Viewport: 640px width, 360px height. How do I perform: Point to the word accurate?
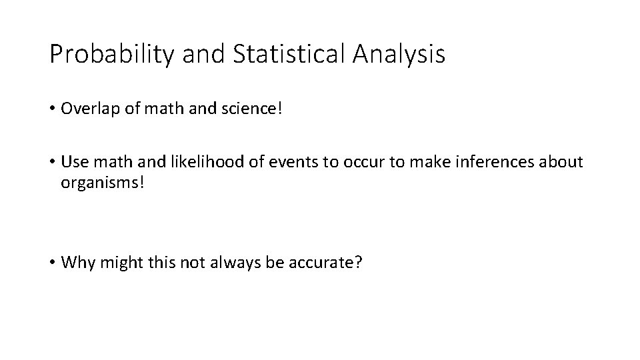[327, 262]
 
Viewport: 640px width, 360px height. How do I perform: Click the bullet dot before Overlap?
[53, 109]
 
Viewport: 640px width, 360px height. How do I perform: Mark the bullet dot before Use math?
[53, 163]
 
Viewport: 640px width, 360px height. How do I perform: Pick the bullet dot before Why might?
[53, 263]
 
